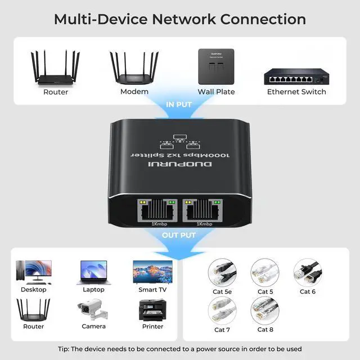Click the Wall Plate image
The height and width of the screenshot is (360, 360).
(x=216, y=66)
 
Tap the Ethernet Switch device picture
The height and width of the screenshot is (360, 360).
(x=296, y=75)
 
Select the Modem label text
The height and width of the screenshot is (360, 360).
(x=134, y=92)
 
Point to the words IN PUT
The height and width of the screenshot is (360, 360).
(x=179, y=105)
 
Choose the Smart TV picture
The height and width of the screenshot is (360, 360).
(x=152, y=272)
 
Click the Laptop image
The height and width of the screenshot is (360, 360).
(x=93, y=272)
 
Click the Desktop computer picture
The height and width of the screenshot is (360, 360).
(x=34, y=272)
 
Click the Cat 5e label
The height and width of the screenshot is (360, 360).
(x=223, y=291)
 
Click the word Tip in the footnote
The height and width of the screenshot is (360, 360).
(x=64, y=349)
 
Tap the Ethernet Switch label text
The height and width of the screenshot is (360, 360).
(x=296, y=92)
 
